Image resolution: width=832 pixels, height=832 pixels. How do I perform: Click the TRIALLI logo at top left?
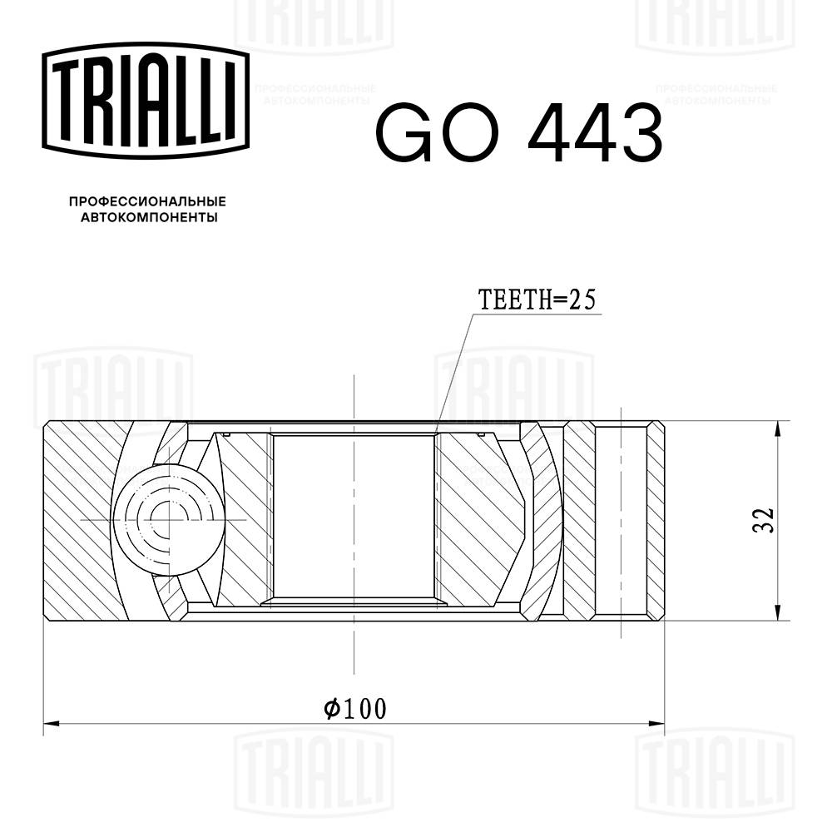pyautogui.click(x=146, y=98)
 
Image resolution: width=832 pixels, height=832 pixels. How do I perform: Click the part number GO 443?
pyautogui.click(x=518, y=133)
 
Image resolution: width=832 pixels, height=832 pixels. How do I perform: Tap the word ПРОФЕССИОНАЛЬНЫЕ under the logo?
pyautogui.click(x=147, y=202)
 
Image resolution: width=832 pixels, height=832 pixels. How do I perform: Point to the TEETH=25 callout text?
pyautogui.click(x=537, y=300)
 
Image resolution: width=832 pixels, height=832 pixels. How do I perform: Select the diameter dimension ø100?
pyautogui.click(x=355, y=709)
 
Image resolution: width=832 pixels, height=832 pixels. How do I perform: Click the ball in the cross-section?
pyautogui.click(x=170, y=520)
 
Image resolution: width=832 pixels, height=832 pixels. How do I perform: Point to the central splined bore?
pyautogui.click(x=354, y=516)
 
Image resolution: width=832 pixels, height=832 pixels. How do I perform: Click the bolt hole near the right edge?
pyautogui.click(x=622, y=520)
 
